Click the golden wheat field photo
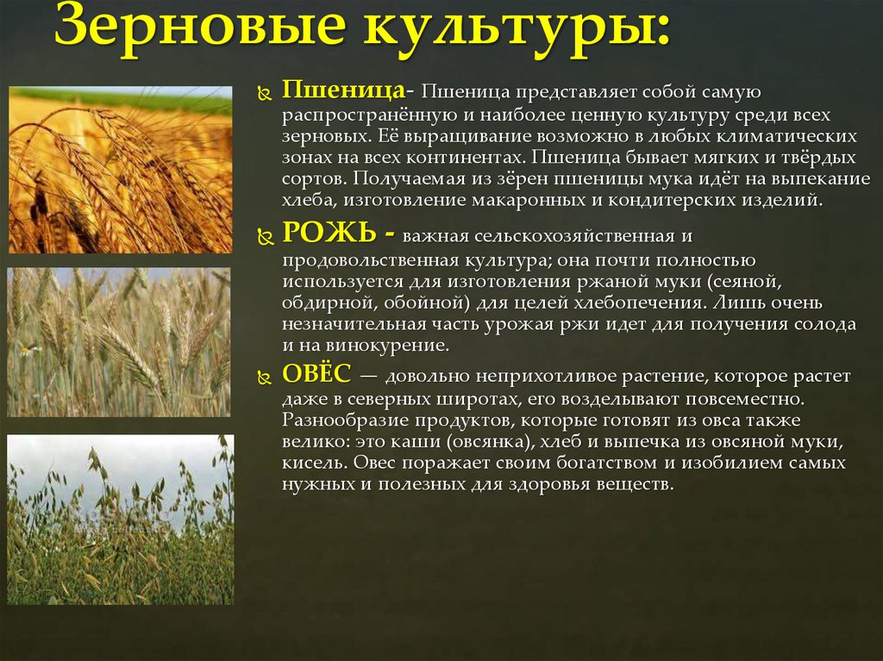click(120, 170)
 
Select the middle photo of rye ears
click(120, 342)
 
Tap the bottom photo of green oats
click(120, 520)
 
